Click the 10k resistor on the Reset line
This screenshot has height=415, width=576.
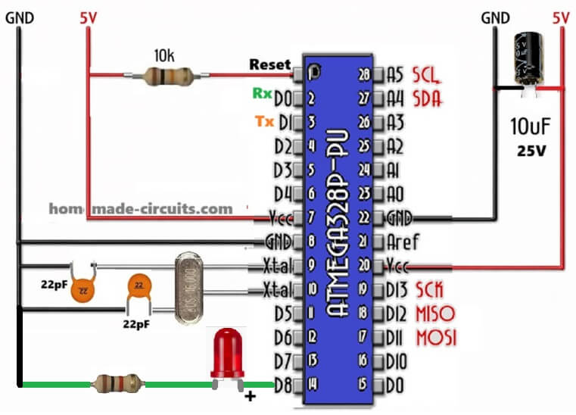point(168,74)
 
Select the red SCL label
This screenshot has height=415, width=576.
point(427,74)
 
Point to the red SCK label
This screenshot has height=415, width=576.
point(428,290)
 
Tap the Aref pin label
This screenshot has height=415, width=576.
point(403,242)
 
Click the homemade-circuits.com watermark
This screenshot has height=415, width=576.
point(141,207)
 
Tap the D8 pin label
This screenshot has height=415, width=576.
point(282,385)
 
